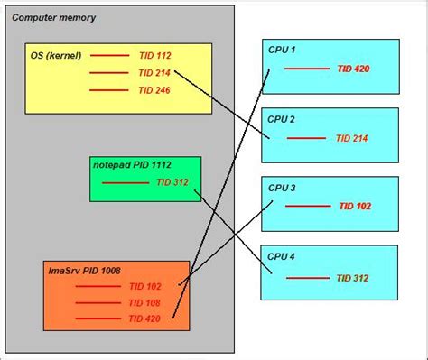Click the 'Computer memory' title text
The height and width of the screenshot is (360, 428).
click(x=53, y=18)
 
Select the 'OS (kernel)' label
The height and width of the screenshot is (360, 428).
click(x=56, y=55)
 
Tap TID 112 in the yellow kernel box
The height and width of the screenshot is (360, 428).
click(x=154, y=55)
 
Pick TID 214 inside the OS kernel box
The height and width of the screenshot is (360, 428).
click(x=154, y=72)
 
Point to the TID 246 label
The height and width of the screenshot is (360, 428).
click(x=154, y=90)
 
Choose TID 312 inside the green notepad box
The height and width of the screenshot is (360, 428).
click(x=172, y=182)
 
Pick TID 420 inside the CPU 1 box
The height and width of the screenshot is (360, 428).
click(x=353, y=68)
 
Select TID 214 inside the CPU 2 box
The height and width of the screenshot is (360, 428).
click(x=353, y=138)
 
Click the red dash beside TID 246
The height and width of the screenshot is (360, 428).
click(x=109, y=90)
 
